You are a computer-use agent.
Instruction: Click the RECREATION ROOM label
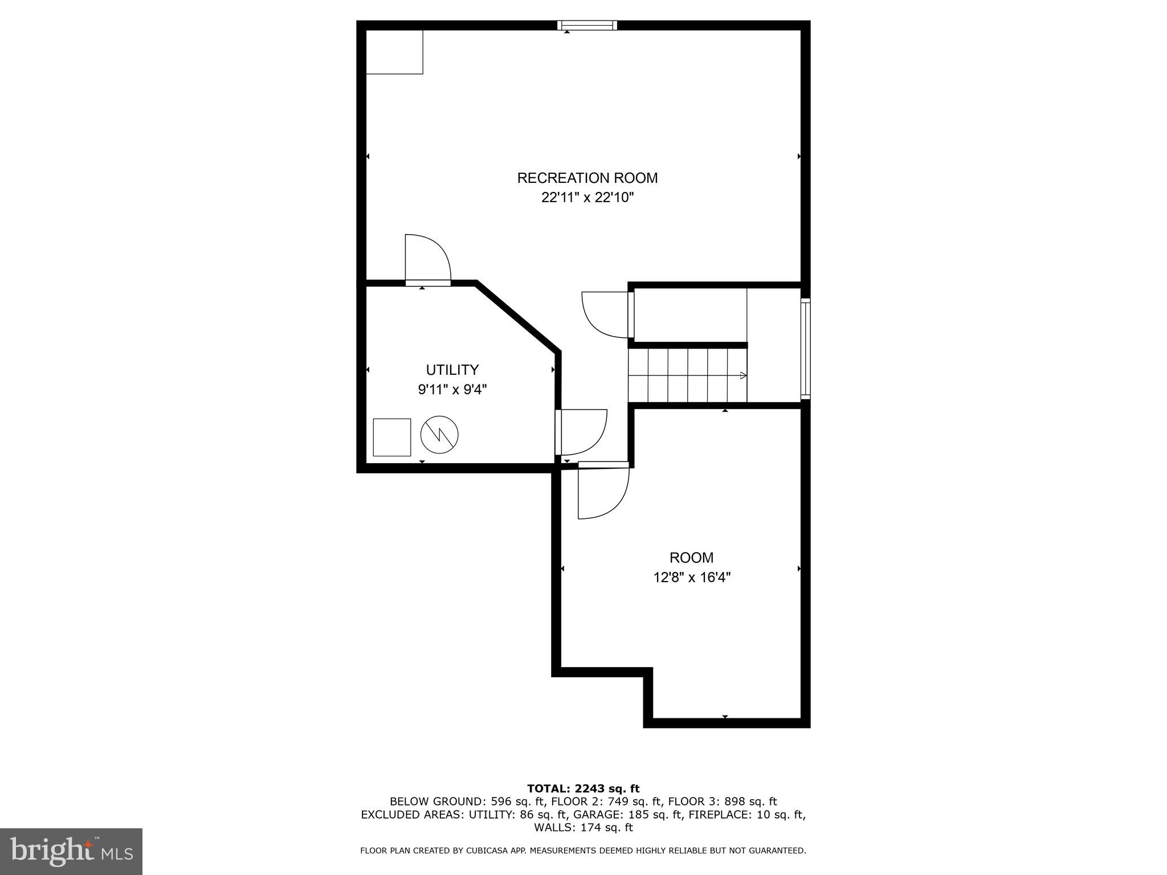(x=587, y=178)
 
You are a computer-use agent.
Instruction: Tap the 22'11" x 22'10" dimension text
(x=587, y=198)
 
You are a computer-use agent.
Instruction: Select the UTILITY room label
(x=452, y=370)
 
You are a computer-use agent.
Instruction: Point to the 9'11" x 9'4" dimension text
(x=452, y=390)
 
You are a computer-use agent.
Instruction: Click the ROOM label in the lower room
(x=691, y=557)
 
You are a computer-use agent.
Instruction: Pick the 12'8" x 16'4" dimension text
(x=691, y=577)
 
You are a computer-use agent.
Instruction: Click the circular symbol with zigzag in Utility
(x=439, y=435)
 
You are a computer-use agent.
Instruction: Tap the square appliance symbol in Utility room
(x=391, y=437)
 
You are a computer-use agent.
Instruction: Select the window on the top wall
(x=587, y=25)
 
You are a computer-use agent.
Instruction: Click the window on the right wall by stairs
(x=805, y=348)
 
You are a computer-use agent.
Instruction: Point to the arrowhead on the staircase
(x=743, y=375)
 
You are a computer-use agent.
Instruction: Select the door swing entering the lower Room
(x=603, y=492)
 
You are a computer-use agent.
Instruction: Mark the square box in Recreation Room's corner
(x=394, y=52)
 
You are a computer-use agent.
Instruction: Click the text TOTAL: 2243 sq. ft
(x=583, y=788)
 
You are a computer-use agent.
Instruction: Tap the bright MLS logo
(x=71, y=851)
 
